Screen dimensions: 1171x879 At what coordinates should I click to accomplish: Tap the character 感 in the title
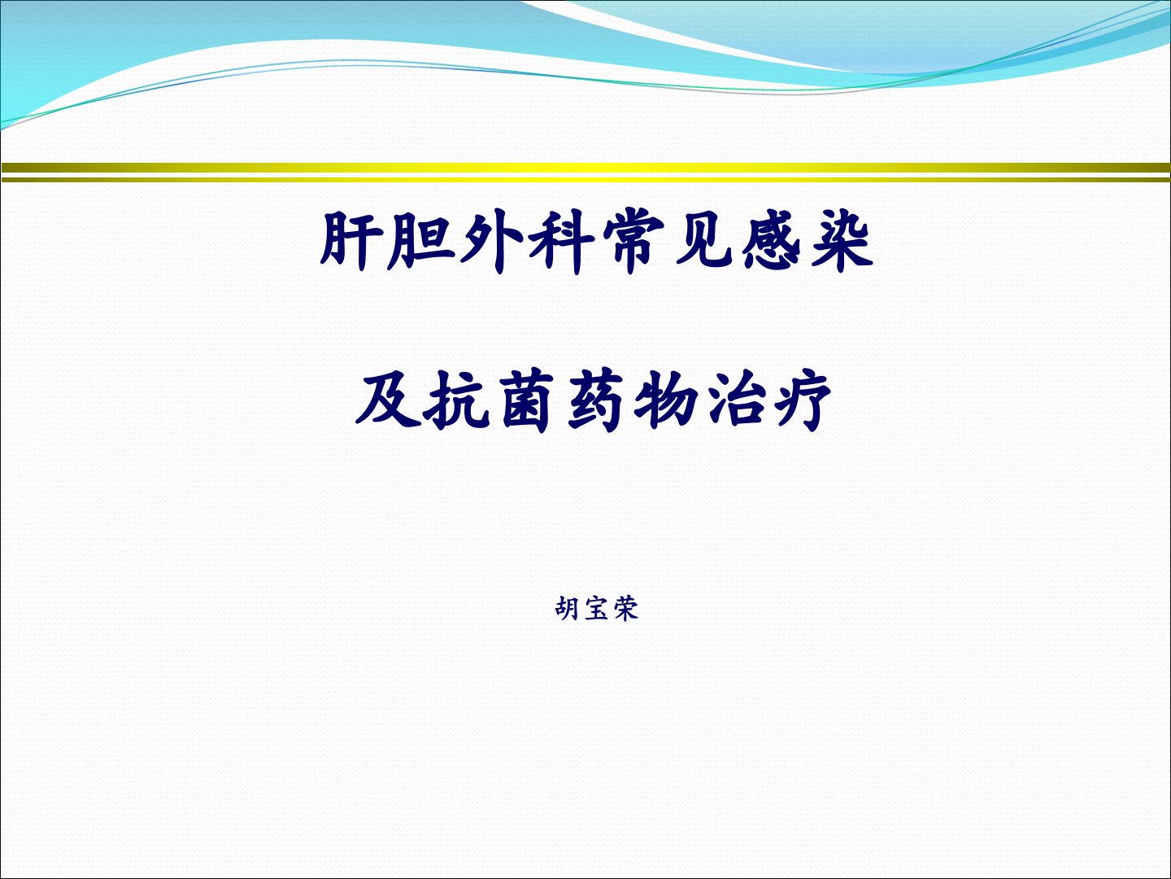pos(771,241)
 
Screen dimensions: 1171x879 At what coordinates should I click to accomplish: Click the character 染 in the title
pos(842,241)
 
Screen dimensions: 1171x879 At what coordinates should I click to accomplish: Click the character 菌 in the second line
pos(527,400)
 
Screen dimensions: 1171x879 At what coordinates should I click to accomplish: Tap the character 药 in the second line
pos(596,400)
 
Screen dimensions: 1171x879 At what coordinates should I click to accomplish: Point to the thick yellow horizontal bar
pos(585,168)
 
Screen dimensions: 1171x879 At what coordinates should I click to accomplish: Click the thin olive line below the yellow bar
pos(585,180)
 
